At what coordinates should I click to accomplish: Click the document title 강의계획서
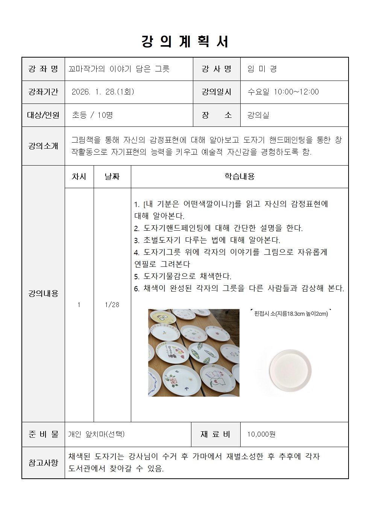(x=185, y=41)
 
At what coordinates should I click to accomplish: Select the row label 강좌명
(x=43, y=69)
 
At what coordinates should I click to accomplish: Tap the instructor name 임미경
(x=262, y=69)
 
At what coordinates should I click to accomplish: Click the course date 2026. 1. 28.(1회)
(x=103, y=92)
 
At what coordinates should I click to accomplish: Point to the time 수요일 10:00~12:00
(x=283, y=92)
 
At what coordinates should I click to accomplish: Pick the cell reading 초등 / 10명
(x=92, y=115)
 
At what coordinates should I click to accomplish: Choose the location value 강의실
(x=258, y=115)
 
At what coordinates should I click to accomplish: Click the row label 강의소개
(x=43, y=146)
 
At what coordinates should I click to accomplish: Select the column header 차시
(x=79, y=177)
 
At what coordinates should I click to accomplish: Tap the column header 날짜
(x=112, y=177)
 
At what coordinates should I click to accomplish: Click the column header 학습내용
(x=240, y=177)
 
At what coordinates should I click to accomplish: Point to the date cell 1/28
(x=112, y=305)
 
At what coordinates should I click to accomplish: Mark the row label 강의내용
(x=43, y=294)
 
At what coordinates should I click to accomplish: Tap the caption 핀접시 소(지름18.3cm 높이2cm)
(x=291, y=313)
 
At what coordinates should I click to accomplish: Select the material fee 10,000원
(x=261, y=434)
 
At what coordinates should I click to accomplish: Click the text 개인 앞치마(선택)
(x=96, y=434)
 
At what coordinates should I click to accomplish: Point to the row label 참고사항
(x=43, y=463)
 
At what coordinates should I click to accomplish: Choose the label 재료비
(x=215, y=434)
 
